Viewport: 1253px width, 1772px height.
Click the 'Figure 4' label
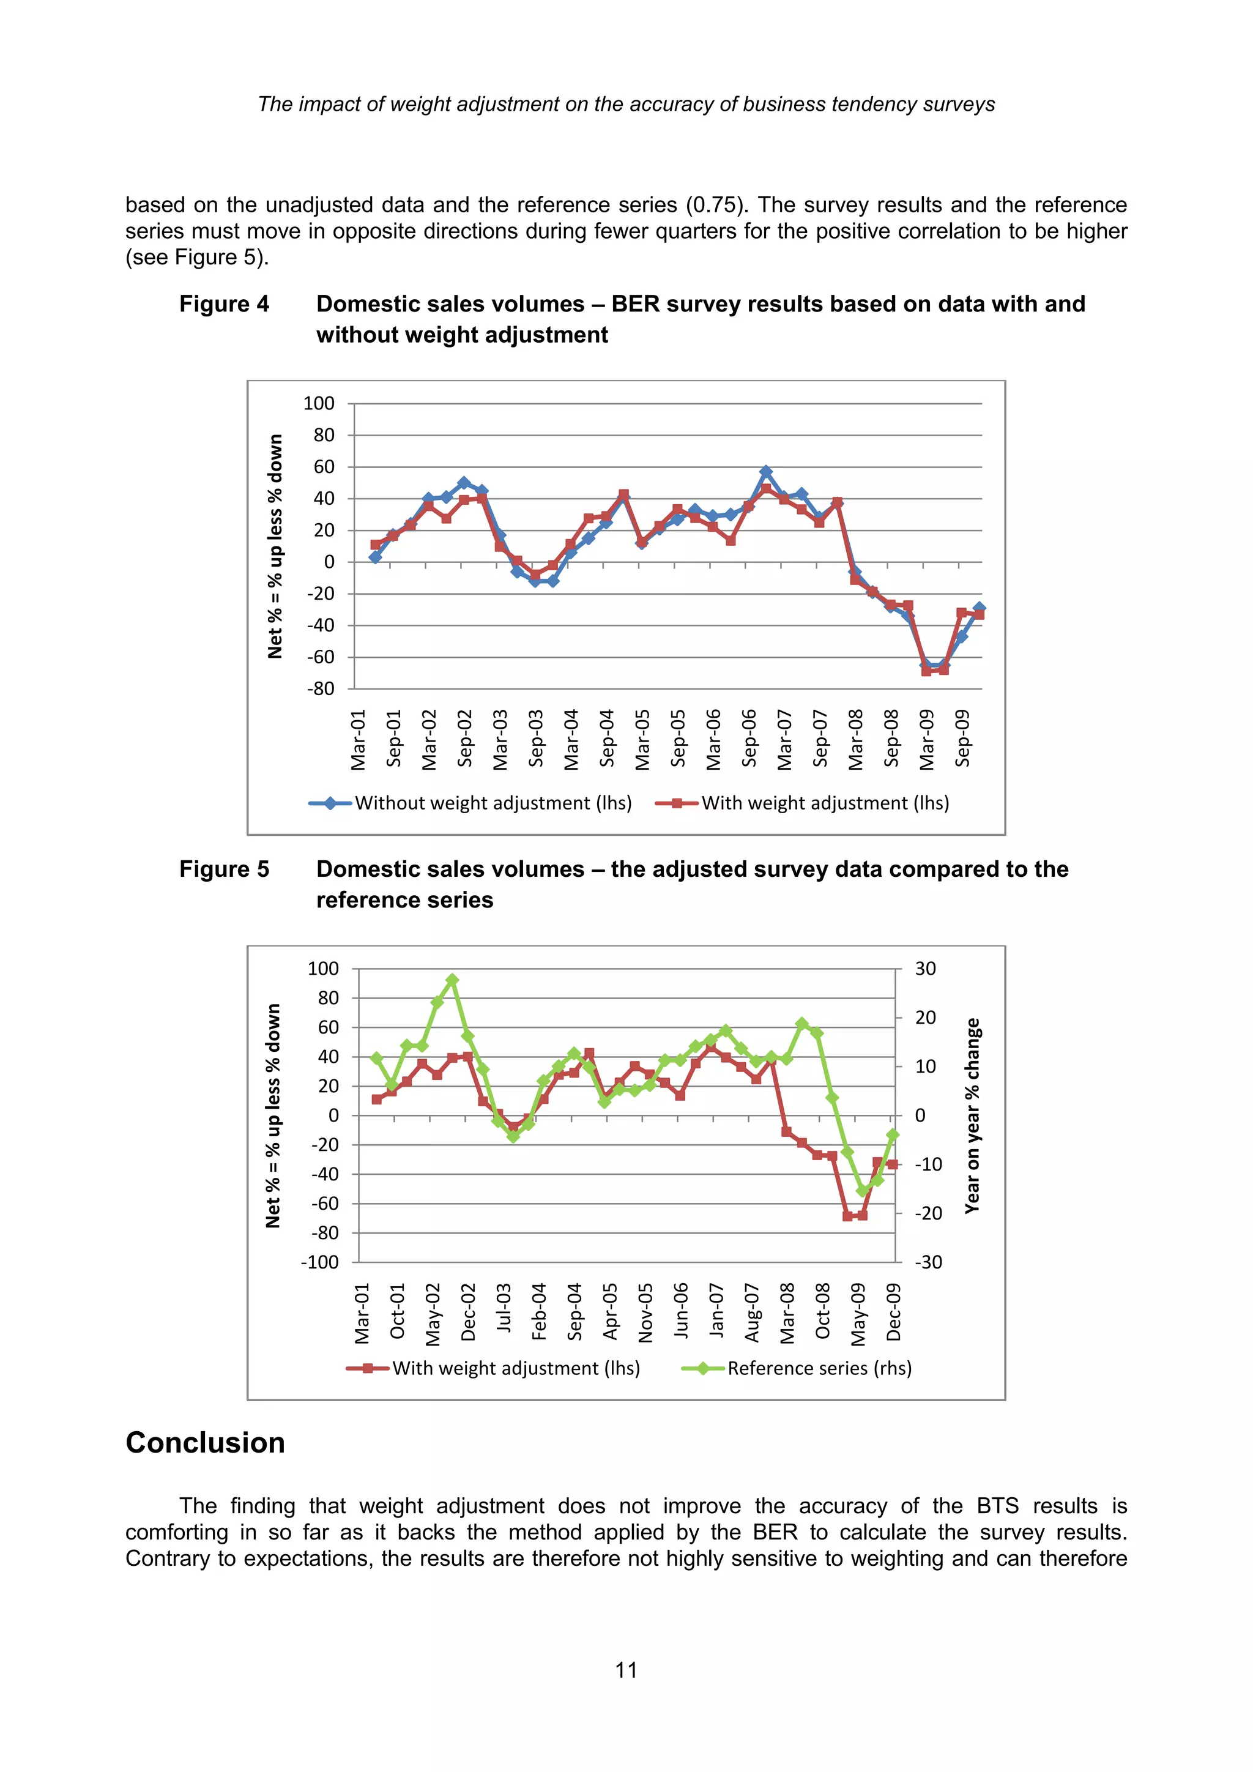point(224,304)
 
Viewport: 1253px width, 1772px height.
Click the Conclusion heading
point(205,1442)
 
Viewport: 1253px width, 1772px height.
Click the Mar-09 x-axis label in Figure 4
point(927,739)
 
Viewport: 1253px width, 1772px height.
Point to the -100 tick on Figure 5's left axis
point(319,1263)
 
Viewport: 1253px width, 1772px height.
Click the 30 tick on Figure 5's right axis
point(925,969)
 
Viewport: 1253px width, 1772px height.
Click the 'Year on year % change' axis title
point(972,1115)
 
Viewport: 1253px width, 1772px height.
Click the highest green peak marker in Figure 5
point(452,980)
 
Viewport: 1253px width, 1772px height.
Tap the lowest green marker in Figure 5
point(863,1191)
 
